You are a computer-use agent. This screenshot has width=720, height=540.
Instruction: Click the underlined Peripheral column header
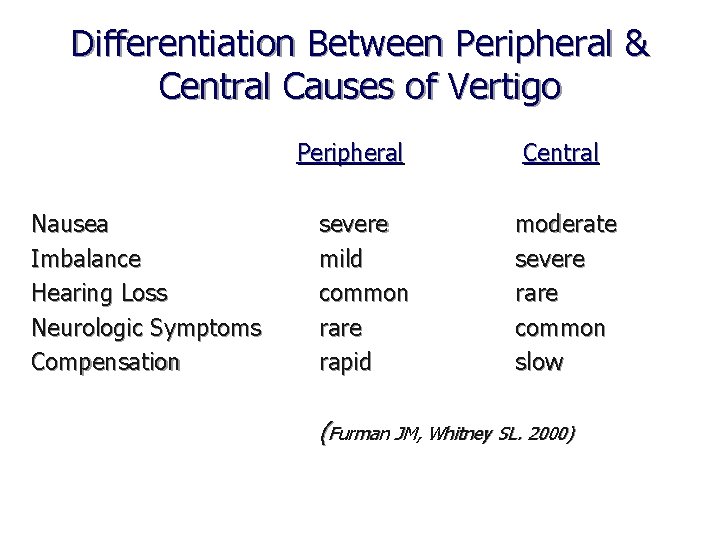[350, 153]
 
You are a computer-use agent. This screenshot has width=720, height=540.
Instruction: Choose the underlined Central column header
[560, 153]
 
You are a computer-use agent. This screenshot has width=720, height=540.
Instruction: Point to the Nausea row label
[71, 224]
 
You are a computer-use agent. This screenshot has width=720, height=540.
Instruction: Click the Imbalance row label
[86, 259]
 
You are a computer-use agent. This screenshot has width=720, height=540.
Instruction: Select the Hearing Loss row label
[99, 294]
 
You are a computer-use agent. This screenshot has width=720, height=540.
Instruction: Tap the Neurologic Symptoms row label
[146, 328]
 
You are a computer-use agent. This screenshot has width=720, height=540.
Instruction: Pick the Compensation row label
[106, 362]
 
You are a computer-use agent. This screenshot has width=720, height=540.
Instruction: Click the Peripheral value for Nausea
[352, 224]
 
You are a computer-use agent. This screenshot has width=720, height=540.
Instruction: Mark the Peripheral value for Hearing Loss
[363, 294]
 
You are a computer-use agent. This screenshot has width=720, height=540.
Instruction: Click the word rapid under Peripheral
[344, 362]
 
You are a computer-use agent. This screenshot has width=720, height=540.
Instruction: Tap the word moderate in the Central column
[565, 224]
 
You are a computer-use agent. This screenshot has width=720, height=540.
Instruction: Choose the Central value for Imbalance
[549, 259]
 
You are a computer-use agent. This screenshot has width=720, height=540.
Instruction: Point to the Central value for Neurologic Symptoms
[560, 328]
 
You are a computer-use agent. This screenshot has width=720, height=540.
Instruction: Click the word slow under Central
[539, 362]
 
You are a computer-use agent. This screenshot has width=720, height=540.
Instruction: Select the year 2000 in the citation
[551, 434]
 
